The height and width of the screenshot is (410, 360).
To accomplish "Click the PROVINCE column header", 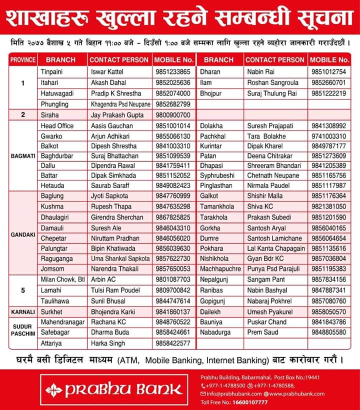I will tap(23, 59).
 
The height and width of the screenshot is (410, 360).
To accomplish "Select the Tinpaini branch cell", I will tap(51, 71).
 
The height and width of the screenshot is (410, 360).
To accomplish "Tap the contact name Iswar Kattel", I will tap(107, 71).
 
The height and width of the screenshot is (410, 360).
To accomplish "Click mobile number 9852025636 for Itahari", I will tap(172, 82).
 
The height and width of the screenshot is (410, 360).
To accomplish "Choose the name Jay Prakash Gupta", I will tap(117, 115).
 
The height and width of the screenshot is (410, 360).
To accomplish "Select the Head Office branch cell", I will tap(57, 126).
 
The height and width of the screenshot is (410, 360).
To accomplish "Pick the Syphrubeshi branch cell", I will tap(217, 175).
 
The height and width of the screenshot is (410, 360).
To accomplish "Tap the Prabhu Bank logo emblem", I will tap(53, 389).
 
